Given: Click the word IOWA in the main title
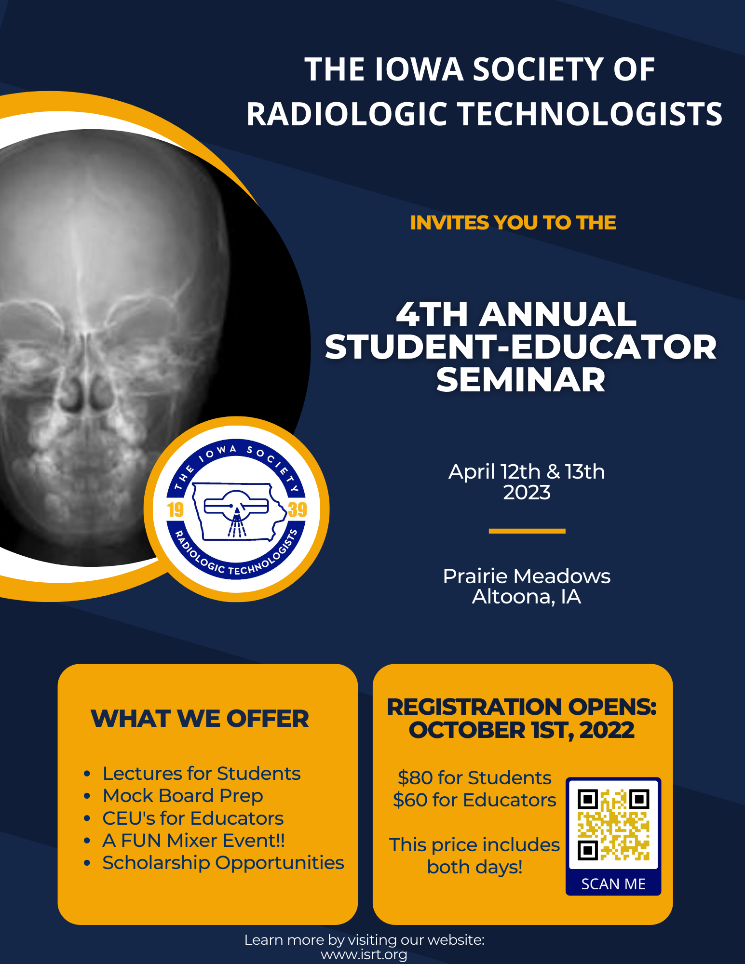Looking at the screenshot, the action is [x=419, y=69].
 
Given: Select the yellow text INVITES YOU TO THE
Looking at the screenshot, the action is [x=513, y=223].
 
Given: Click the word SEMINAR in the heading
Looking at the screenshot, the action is [x=521, y=380].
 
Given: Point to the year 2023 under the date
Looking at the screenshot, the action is [x=527, y=493].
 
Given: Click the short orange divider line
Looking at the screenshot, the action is [x=527, y=531].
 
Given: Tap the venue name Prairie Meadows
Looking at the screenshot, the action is [x=527, y=576].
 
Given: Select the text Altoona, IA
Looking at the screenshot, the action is [x=527, y=597].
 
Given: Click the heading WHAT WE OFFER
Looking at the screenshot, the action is [x=200, y=719].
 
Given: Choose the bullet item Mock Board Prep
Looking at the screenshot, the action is [x=183, y=796].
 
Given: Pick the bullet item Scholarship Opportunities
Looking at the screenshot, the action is [x=223, y=863].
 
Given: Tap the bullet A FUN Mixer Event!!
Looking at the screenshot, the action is [x=194, y=841].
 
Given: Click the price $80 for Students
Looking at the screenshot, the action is [x=474, y=778].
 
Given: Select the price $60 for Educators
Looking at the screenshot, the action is [x=474, y=800].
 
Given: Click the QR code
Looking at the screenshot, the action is [x=613, y=825].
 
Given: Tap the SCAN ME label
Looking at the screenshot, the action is [x=613, y=884].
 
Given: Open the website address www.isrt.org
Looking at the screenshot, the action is [x=364, y=955].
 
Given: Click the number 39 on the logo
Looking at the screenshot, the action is [x=298, y=509].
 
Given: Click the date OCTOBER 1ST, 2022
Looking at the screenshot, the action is [x=522, y=730].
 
